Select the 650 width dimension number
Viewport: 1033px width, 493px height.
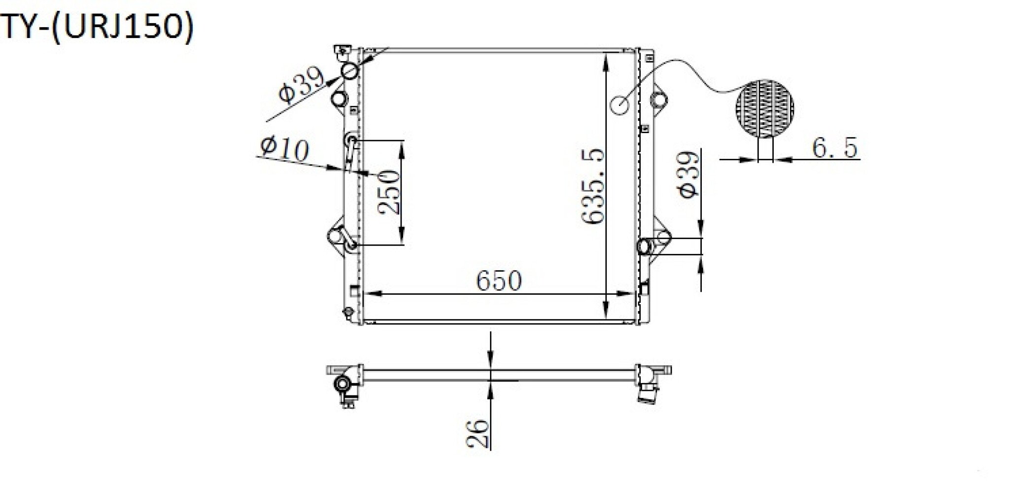(x=498, y=280)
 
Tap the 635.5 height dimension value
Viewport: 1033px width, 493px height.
(x=592, y=187)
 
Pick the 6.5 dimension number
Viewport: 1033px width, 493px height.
(x=835, y=147)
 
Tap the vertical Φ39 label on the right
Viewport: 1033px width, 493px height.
(x=689, y=174)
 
